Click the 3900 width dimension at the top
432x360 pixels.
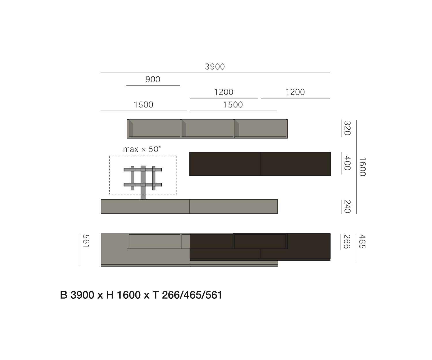(215, 67)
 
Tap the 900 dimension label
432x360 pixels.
(153, 79)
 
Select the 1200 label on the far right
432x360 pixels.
(295, 92)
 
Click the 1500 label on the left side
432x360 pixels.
(143, 105)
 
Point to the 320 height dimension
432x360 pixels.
(347, 128)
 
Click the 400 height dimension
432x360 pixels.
(347, 163)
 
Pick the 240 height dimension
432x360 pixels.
(347, 206)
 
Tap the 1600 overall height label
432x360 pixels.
(362, 166)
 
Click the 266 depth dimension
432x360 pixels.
(347, 241)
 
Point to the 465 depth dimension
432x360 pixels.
(362, 241)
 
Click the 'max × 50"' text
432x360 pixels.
(142, 149)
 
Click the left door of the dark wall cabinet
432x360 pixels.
(225, 164)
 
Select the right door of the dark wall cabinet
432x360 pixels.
(295, 164)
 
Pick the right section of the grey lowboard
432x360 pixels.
(233, 206)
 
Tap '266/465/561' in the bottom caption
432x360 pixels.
(192, 295)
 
